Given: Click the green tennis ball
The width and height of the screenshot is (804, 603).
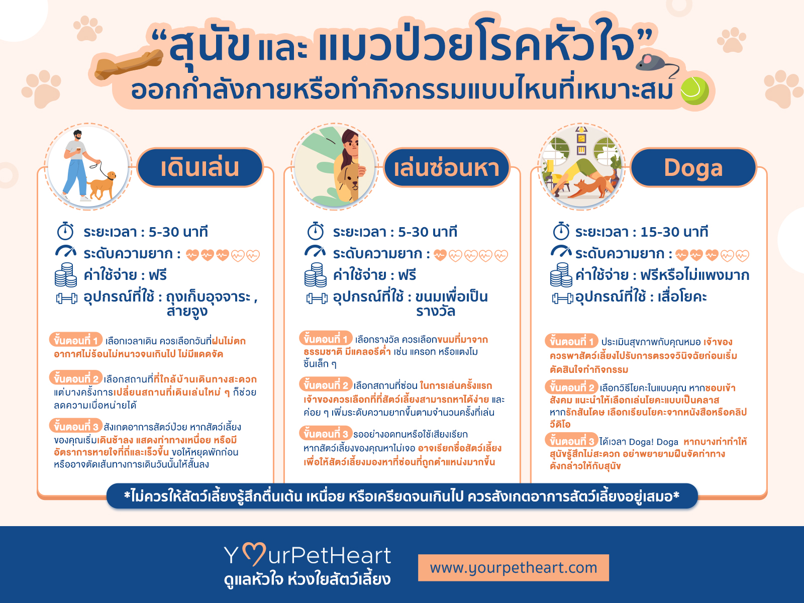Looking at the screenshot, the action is [x=694, y=91].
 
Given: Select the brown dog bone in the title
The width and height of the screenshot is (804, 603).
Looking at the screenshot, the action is [x=129, y=65].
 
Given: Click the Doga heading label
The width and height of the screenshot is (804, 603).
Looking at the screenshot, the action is [x=693, y=168].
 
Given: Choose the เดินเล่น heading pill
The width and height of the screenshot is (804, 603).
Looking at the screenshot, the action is [x=200, y=168].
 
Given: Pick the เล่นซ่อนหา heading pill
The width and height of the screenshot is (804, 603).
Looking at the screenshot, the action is [x=447, y=168].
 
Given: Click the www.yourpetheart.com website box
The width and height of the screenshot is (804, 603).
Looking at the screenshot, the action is [x=514, y=567].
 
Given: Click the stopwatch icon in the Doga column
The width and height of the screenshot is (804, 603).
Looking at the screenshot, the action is [x=561, y=231].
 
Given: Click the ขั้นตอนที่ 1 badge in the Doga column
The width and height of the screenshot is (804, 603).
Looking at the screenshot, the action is [x=571, y=341].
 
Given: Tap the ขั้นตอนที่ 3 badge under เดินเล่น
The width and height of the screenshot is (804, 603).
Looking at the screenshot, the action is [x=76, y=426].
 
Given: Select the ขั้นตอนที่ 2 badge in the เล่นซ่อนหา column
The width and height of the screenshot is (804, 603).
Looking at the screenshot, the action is [x=326, y=384].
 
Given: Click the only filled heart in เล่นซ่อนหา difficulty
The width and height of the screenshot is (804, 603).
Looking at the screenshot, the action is [x=440, y=255].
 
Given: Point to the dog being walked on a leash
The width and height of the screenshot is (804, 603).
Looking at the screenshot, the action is [x=102, y=185].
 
